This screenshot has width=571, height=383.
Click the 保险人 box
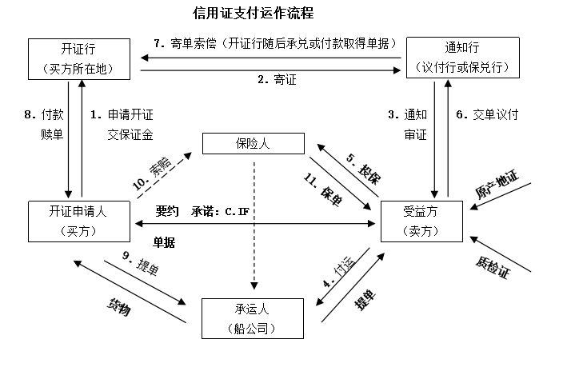tap(254, 144)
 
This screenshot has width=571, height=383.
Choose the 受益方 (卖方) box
tap(421, 221)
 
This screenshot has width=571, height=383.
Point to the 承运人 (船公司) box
tap(254, 317)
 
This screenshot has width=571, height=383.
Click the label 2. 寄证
tap(270, 80)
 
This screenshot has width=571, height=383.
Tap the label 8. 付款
tap(41, 114)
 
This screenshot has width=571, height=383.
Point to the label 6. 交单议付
tap(487, 114)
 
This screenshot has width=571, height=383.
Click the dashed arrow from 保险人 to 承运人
tap(254, 224)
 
